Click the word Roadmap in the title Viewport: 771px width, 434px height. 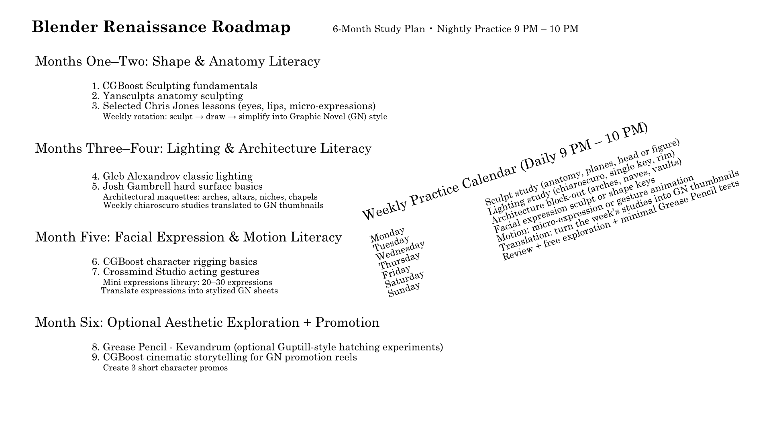251,27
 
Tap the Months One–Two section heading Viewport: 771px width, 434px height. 177,61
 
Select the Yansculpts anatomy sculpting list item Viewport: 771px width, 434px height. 173,96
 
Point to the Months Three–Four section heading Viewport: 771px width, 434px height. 203,149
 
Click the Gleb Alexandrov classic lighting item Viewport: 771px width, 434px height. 177,176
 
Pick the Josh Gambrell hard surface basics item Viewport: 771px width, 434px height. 182,186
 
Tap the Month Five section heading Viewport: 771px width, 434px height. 188,237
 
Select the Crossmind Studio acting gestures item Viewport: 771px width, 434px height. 181,272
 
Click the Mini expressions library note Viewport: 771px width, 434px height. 188,283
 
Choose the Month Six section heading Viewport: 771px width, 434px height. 207,323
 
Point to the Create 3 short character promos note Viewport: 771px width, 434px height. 165,368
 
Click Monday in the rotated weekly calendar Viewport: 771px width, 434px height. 388,234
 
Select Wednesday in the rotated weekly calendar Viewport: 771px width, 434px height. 400,250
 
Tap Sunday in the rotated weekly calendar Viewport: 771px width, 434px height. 404,289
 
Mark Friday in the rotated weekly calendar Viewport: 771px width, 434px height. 396,272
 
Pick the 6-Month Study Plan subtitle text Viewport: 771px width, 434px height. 379,29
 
